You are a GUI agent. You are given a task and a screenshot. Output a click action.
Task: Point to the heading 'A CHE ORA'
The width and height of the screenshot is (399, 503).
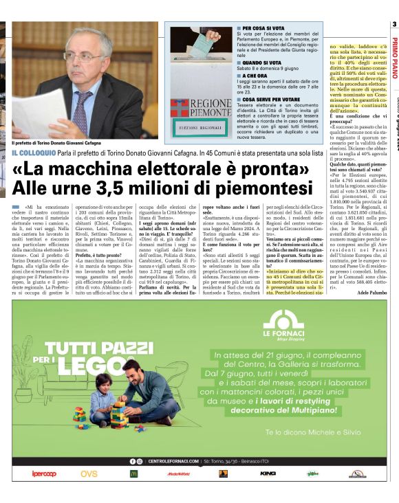tap(248, 75)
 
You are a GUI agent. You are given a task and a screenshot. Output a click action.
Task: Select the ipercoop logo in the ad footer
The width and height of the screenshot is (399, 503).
tap(44, 473)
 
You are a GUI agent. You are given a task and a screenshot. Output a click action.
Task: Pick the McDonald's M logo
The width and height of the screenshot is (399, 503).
tap(133, 473)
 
